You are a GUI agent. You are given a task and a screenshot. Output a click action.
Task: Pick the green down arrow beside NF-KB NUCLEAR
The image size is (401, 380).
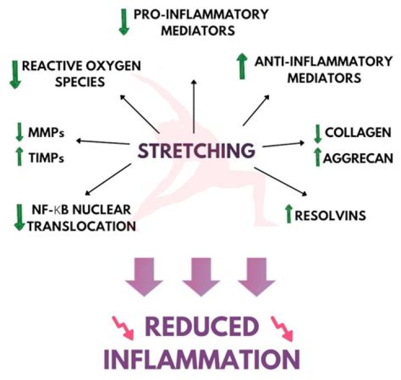19,217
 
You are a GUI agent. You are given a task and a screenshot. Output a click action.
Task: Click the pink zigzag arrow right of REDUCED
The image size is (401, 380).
282,329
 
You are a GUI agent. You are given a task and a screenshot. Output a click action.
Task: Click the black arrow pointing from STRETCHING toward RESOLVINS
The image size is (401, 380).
284,179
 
